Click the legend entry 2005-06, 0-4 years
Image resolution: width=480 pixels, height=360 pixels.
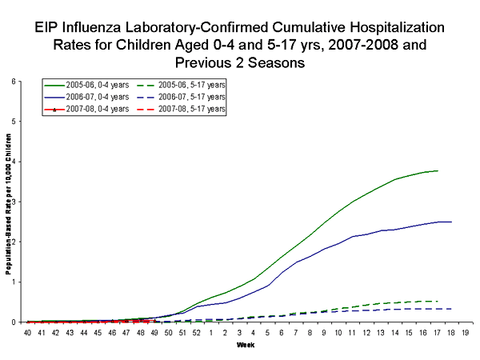[89, 84]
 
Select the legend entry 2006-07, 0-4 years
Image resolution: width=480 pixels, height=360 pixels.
[89, 96]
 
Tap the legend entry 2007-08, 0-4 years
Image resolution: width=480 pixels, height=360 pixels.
[89, 108]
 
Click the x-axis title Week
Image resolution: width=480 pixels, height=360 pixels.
[246, 345]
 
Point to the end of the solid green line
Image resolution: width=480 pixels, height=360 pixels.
[438, 170]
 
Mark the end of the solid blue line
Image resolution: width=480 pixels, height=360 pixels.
[451, 222]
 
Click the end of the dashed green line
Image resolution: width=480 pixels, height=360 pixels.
[438, 301]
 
